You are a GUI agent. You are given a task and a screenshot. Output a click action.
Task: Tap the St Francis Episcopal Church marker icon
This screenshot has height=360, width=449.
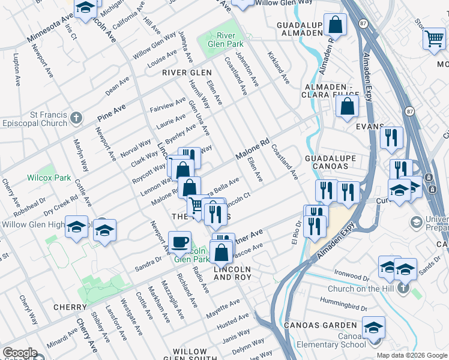(76, 118)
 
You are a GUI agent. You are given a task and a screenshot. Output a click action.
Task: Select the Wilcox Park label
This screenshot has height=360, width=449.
(49, 178)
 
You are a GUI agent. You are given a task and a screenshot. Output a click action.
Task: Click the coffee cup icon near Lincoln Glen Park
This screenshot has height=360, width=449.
(179, 242)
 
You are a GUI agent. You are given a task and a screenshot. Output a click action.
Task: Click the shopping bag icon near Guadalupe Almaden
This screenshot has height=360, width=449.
(336, 26)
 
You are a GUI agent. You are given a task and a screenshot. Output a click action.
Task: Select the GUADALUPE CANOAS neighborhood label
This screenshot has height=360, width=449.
(331, 162)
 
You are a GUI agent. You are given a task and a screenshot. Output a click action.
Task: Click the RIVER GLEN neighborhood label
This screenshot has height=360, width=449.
(187, 72)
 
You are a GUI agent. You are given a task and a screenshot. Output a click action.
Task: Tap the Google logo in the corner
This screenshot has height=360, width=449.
(20, 353)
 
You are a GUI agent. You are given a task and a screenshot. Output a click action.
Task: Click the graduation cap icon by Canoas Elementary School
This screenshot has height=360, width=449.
(373, 328)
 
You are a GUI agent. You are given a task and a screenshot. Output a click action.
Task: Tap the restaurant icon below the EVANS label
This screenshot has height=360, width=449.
(391, 138)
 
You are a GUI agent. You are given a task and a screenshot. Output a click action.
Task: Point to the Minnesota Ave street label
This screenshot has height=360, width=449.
(50, 30)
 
